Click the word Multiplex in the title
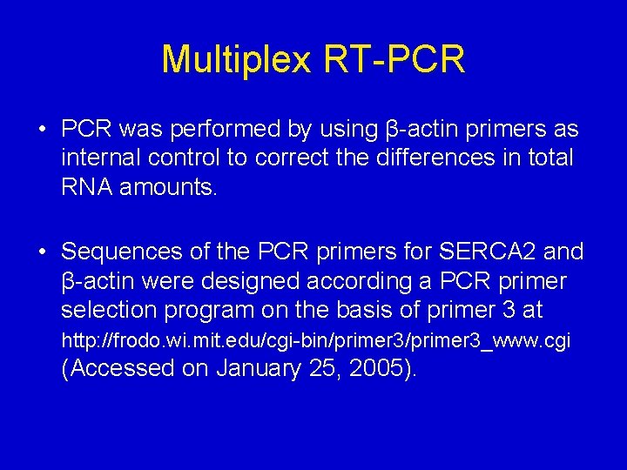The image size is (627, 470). click(236, 60)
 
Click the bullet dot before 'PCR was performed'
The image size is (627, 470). click(42, 131)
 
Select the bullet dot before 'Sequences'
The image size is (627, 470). click(42, 253)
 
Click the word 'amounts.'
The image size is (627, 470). click(169, 186)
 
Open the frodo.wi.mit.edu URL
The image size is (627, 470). click(315, 339)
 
